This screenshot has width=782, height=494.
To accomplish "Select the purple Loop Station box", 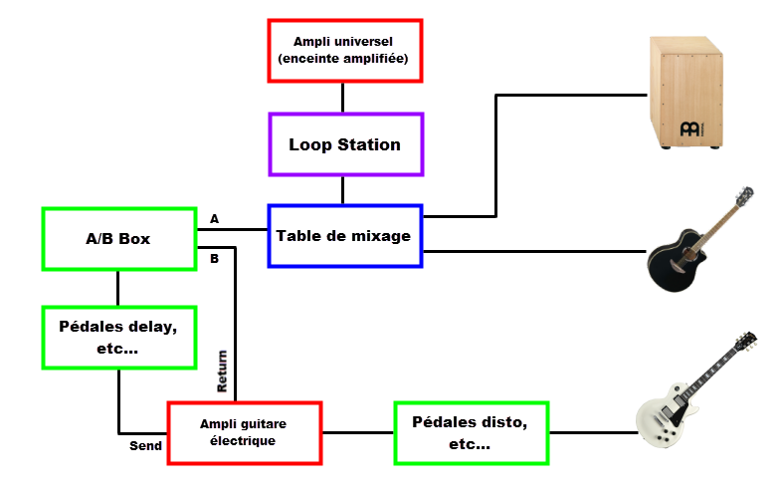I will tap(346, 144).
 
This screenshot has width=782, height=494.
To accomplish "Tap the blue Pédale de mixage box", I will tap(345, 236).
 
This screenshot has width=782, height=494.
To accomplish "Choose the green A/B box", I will tap(118, 239).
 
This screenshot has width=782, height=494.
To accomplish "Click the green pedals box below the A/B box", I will tap(119, 337).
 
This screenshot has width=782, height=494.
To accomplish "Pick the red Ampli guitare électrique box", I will tap(245, 432).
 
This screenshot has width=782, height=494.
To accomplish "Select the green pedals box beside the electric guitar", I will tap(472, 432).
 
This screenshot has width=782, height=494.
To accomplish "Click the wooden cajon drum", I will tap(686, 92).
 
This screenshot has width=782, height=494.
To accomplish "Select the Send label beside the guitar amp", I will tap(145, 447).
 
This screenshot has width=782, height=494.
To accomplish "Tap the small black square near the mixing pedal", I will tap(462, 225).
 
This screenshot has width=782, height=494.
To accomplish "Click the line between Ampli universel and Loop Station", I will tap(343, 97).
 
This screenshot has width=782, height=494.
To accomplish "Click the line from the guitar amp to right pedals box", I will tap(358, 432).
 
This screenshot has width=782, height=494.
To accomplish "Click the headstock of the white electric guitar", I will tap(744, 341).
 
